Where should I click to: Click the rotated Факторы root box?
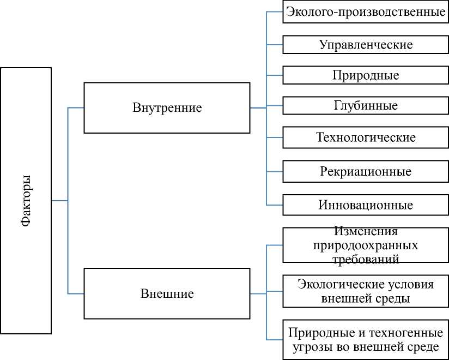tap(26, 200)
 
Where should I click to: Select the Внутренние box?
tap(167, 107)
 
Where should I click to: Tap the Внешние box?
tap(167, 293)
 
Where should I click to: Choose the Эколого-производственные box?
tap(366, 11)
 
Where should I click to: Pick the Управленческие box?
tap(366, 44)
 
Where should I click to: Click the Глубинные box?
tap(366, 105)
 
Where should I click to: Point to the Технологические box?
tap(366, 137)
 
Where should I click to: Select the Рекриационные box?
tap(366, 171)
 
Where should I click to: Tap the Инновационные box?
tap(366, 205)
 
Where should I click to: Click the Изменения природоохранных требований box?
tap(366, 245)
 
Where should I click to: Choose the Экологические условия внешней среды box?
tap(366, 291)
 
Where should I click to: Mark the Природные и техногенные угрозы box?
tap(366, 339)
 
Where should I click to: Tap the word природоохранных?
tap(366, 245)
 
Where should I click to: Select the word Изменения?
tap(366, 232)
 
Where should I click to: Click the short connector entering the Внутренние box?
tap(76, 107)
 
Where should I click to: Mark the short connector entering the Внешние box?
tap(76, 293)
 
